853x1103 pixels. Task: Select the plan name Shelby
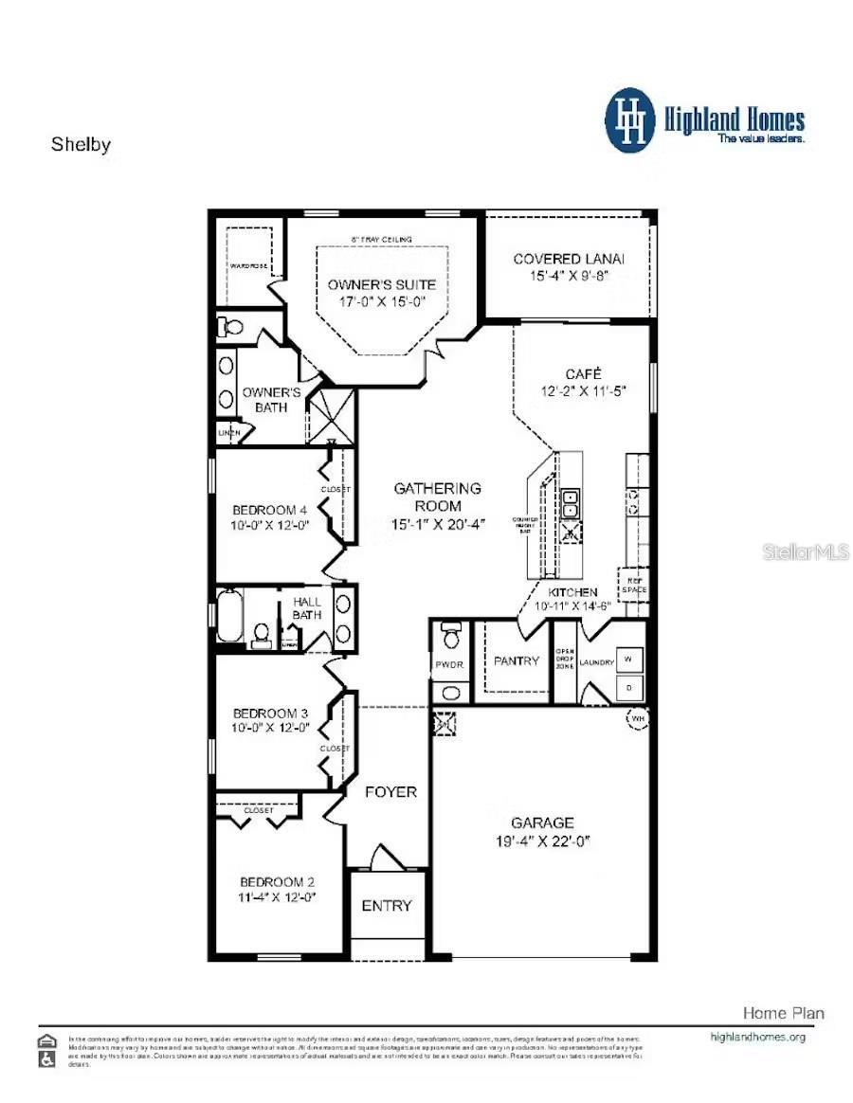[81, 145]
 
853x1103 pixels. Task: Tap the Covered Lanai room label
[569, 259]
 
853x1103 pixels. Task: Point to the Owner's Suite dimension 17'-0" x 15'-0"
[382, 302]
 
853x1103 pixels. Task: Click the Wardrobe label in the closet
[248, 266]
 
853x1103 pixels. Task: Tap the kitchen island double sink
[572, 504]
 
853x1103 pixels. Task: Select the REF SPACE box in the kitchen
[633, 584]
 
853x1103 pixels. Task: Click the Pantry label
[516, 660]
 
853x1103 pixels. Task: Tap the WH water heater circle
[636, 719]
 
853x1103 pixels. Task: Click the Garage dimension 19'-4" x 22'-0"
[542, 841]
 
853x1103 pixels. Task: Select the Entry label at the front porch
[387, 905]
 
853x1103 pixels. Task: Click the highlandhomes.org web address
[757, 1037]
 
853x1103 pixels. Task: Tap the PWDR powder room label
[449, 665]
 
